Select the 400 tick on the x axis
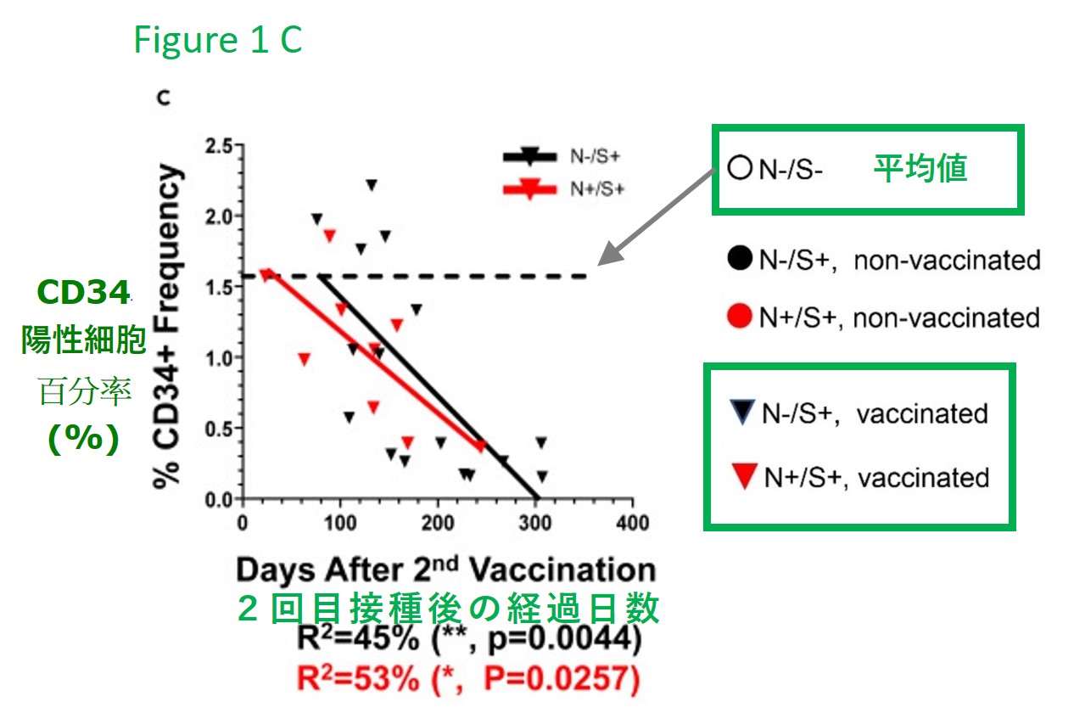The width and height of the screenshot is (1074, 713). coord(631,521)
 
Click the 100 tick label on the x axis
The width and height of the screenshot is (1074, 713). coord(339,521)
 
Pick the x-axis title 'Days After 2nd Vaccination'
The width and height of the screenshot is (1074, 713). coord(445,570)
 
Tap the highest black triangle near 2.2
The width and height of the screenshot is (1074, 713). coord(371,185)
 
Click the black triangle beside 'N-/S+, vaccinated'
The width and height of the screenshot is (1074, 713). coord(741,413)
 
